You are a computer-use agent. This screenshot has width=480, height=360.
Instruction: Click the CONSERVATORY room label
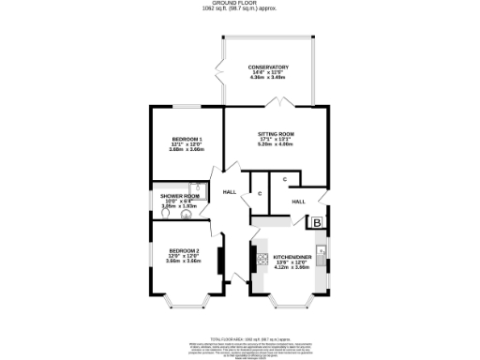(x=268, y=67)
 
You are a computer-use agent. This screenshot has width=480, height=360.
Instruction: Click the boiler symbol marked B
(x=317, y=222)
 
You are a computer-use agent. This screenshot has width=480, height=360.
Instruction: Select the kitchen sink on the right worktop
(x=322, y=250)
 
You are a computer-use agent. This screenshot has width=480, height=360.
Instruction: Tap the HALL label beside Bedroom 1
(x=229, y=192)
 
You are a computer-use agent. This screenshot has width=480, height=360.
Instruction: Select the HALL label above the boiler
(x=298, y=202)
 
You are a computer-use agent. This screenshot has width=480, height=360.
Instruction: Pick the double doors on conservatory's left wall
(x=218, y=70)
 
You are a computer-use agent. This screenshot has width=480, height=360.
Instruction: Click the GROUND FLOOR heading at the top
(x=239, y=4)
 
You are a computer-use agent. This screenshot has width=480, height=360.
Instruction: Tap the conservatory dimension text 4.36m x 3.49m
(x=268, y=77)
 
